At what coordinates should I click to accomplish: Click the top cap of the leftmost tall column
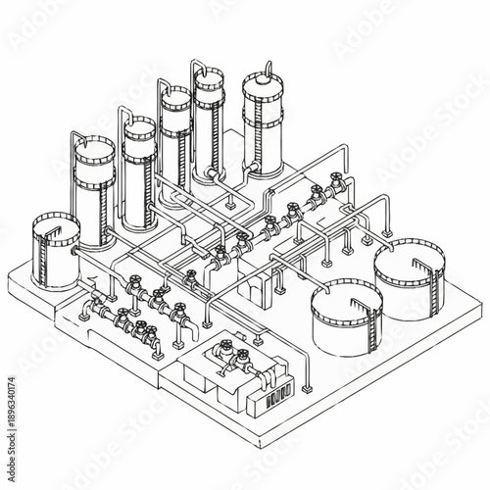pyautogui.click(x=91, y=146)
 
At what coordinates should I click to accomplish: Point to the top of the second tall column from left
pyautogui.click(x=139, y=126)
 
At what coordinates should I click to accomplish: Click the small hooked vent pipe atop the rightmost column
pyautogui.click(x=264, y=70)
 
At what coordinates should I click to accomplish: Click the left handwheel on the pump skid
pyautogui.click(x=226, y=347)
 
